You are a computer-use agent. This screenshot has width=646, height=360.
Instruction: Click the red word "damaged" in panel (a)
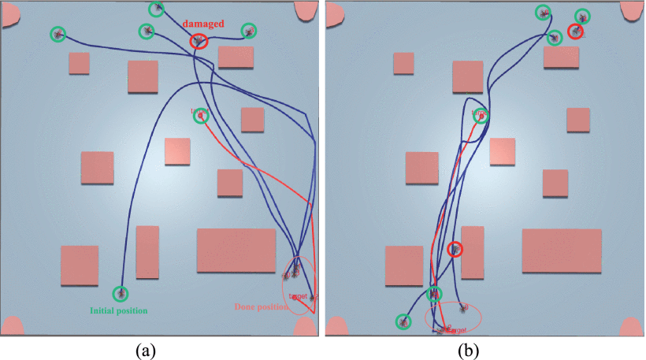coord(204,24)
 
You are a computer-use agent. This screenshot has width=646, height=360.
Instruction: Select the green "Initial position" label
coord(121,310)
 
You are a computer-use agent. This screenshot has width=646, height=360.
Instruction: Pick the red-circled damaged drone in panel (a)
coord(199,41)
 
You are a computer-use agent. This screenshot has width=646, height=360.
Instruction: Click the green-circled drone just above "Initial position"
coord(121,293)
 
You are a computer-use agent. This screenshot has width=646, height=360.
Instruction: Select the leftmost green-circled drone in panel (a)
coord(58,34)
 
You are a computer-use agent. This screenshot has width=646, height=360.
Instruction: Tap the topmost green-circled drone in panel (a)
coord(157,9)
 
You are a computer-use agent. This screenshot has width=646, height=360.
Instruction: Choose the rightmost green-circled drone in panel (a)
coord(249,31)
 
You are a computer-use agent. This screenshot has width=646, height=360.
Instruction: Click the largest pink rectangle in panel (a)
coord(236,251)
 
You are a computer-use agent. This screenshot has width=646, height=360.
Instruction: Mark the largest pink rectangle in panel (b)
coord(561,251)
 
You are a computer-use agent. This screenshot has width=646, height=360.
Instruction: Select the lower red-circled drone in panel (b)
coord(455,250)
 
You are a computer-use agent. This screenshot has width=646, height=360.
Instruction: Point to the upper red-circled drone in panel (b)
coord(576,32)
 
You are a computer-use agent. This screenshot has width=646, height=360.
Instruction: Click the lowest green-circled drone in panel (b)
coord(403,321)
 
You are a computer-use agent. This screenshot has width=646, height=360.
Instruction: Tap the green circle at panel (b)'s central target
coord(481,116)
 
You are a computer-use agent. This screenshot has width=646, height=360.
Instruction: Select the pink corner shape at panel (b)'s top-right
coord(632,10)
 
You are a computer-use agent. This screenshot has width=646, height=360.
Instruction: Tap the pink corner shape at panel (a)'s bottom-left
coord(13,327)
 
